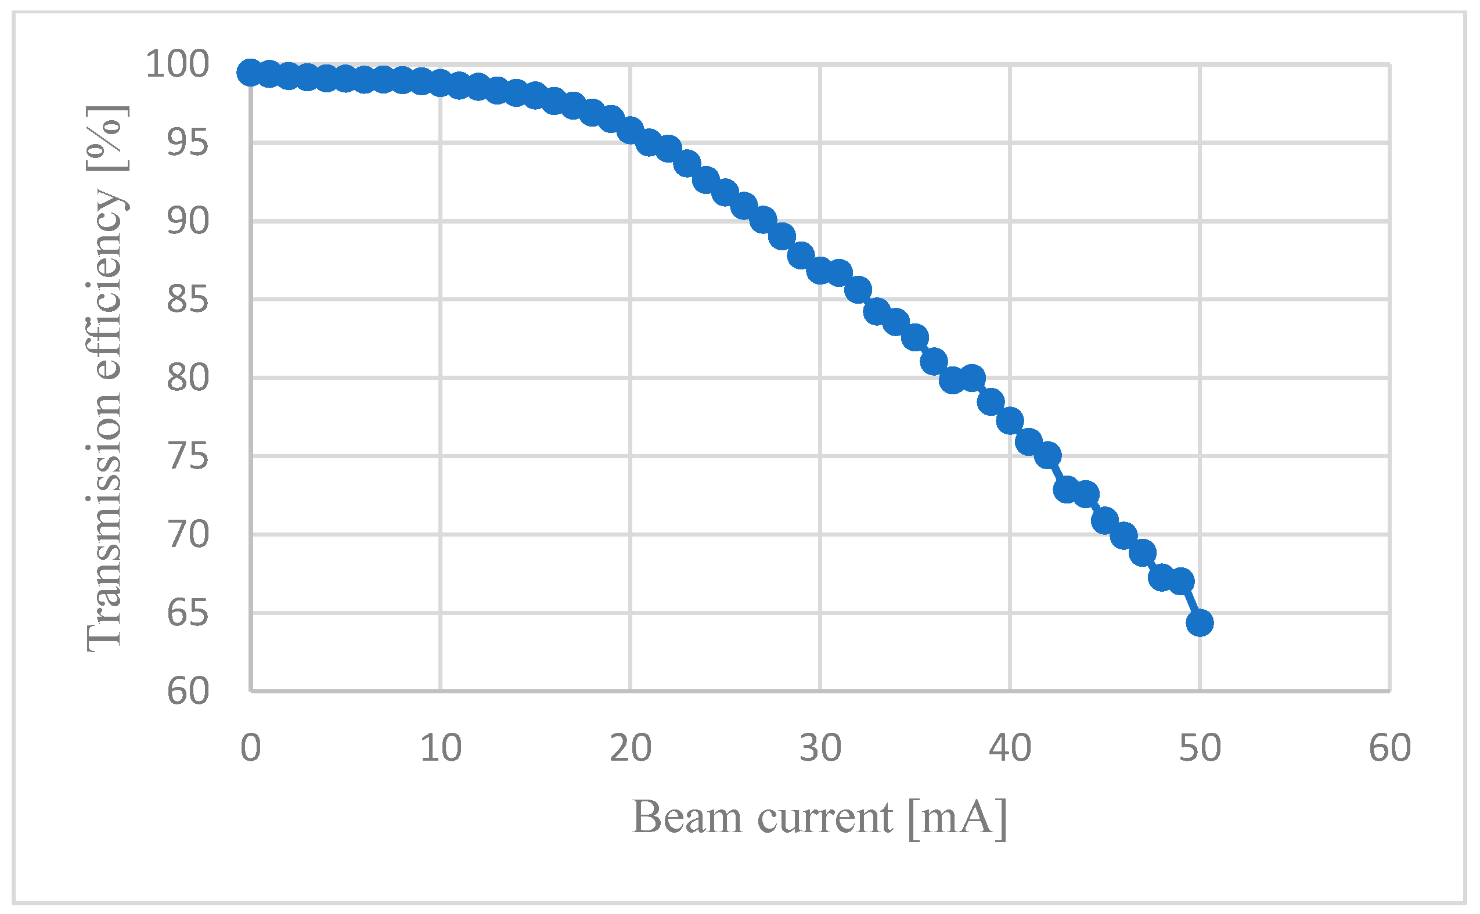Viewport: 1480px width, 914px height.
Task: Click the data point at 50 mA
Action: [1200, 622]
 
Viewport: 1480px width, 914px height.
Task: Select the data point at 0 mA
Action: [250, 73]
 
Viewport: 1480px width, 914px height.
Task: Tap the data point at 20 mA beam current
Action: [631, 130]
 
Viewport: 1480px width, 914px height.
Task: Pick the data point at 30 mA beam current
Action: [820, 270]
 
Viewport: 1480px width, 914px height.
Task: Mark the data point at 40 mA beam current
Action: [1010, 421]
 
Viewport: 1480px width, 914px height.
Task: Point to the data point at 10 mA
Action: [440, 83]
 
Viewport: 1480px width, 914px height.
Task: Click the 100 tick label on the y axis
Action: [177, 64]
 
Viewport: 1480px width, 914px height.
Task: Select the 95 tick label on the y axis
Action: [188, 143]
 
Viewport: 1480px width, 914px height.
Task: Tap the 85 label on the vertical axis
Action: [188, 299]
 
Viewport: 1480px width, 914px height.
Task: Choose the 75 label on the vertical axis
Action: [188, 456]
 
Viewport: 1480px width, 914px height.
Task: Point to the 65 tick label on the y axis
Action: [188, 613]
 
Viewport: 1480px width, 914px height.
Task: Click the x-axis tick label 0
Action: [250, 748]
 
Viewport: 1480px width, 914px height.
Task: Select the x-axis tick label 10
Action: [441, 748]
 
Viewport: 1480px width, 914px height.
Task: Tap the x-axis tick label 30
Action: [820, 748]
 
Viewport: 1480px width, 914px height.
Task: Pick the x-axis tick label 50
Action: [1200, 748]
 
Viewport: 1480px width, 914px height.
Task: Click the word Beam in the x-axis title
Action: [686, 817]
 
